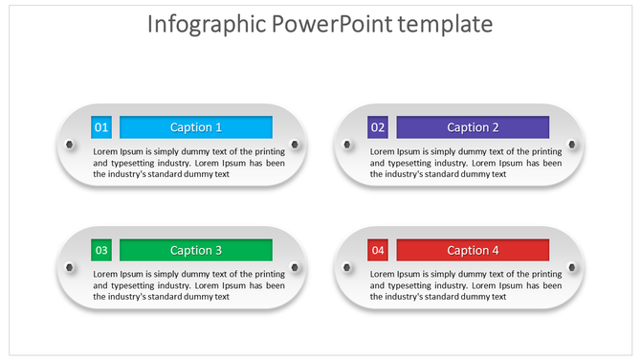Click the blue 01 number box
[101, 127]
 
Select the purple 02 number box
[378, 127]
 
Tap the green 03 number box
[101, 250]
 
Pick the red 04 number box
[378, 250]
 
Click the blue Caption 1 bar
[195, 127]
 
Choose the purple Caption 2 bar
[473, 127]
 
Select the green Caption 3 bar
[195, 250]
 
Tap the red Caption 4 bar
[473, 250]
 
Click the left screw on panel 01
[68, 145]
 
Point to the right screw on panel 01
[296, 145]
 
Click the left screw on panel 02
[345, 145]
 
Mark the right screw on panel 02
[572, 145]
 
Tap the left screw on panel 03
[68, 267]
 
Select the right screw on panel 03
[296, 267]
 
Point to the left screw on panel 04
[345, 267]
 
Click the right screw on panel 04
[572, 267]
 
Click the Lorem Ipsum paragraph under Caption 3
[188, 284]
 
